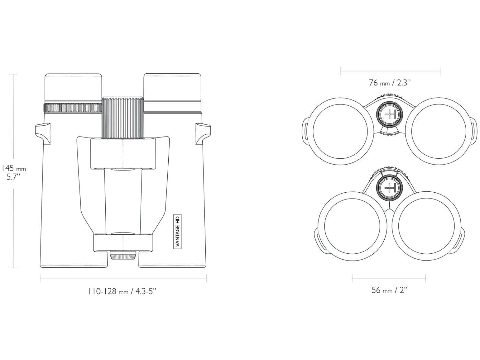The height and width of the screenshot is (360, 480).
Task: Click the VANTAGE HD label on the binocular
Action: (178, 231)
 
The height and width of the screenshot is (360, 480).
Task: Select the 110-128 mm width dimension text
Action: (122, 291)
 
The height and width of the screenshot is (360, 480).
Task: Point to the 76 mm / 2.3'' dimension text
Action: (390, 83)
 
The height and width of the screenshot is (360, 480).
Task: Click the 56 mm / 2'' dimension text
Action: (389, 290)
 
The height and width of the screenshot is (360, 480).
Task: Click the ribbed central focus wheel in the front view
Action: (123, 117)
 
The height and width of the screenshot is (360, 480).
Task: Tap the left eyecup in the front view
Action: (73, 87)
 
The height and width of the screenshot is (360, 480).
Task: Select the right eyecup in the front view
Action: (172, 87)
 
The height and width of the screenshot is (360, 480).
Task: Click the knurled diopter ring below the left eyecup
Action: (73, 108)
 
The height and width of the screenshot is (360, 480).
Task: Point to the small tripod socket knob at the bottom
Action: (122, 255)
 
